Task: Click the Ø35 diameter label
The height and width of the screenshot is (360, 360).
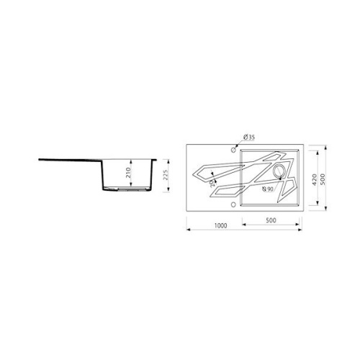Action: (x=249, y=136)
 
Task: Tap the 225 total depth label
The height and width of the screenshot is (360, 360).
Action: (x=166, y=176)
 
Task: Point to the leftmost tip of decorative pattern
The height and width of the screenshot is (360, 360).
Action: (x=192, y=176)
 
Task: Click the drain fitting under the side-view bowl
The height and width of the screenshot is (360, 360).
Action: (x=126, y=191)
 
